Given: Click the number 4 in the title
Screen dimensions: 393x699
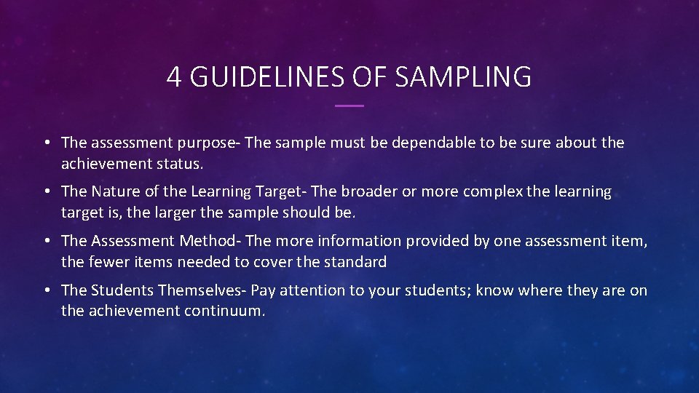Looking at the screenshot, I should (174, 76).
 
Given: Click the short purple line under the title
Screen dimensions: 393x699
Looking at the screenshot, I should (349, 106).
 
